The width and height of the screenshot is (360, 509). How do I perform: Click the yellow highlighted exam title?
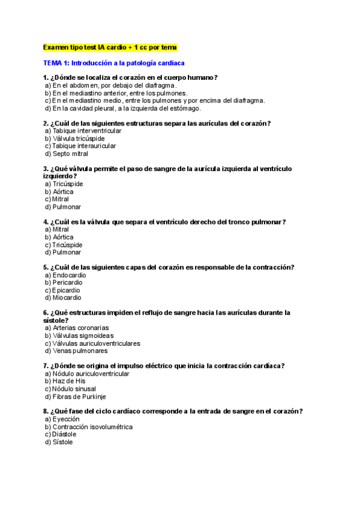pos(110,47)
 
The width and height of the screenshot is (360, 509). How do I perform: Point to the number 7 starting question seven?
pos(45,366)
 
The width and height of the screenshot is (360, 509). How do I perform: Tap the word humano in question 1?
pos(200,77)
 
